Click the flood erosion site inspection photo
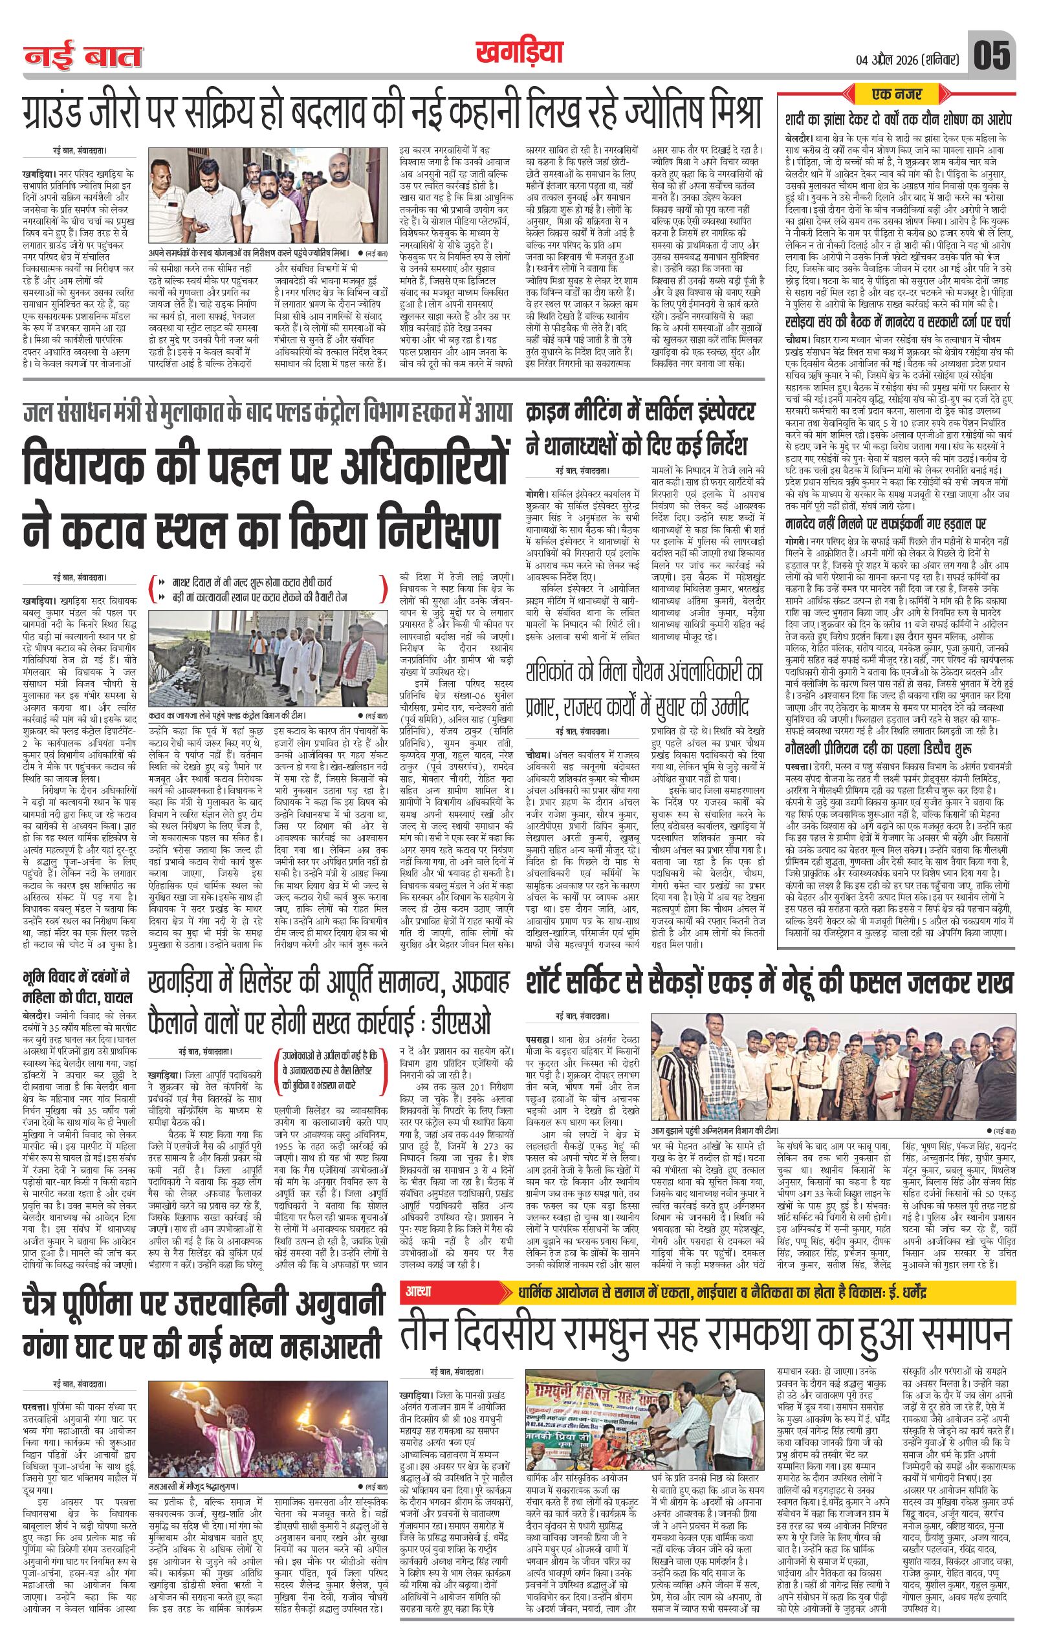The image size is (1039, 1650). tap(268, 649)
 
